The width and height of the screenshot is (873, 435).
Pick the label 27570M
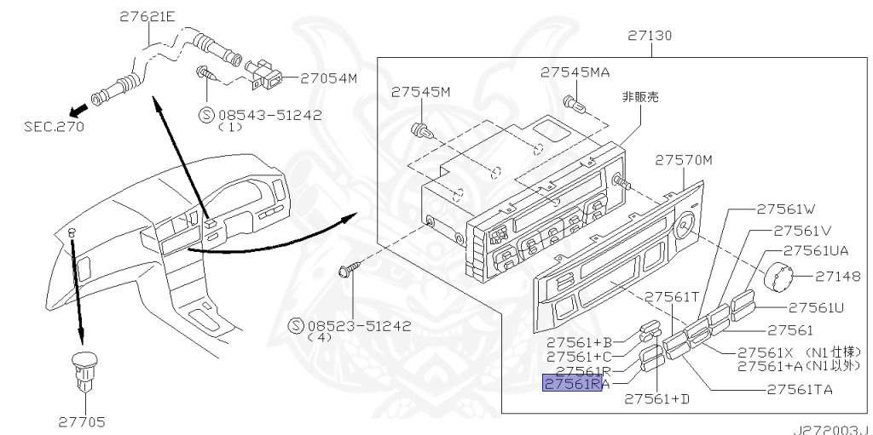click(684, 159)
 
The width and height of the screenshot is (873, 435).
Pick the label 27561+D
click(656, 398)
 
